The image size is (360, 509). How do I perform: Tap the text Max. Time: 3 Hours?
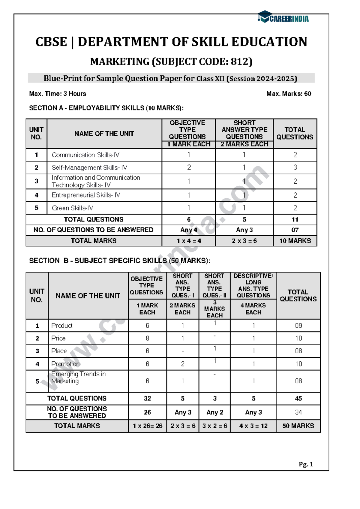pos(58,94)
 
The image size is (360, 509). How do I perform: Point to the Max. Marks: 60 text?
pos(289,94)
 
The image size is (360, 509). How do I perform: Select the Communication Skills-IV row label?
pos(85,155)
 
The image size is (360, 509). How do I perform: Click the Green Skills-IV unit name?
pos(72,208)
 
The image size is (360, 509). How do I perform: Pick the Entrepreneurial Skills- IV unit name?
pos(86,195)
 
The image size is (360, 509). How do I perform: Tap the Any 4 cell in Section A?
pos(189,230)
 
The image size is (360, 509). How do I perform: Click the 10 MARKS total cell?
pos(295,241)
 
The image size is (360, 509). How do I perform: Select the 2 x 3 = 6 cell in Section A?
pos(244,241)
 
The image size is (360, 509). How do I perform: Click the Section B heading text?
pos(119,261)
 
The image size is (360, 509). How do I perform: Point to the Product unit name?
pos(62,326)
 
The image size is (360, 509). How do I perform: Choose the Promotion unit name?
pos(65,364)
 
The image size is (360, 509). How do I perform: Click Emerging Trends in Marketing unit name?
pos(78,378)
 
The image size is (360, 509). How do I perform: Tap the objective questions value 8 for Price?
pos(147,338)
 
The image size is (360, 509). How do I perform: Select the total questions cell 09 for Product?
pos(298,326)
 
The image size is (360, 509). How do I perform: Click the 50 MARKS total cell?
pos(298,426)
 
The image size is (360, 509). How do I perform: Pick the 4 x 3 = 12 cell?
pos(253,426)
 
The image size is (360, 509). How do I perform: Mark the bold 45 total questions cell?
pos(298,399)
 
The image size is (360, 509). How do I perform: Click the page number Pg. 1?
pos(306,464)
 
